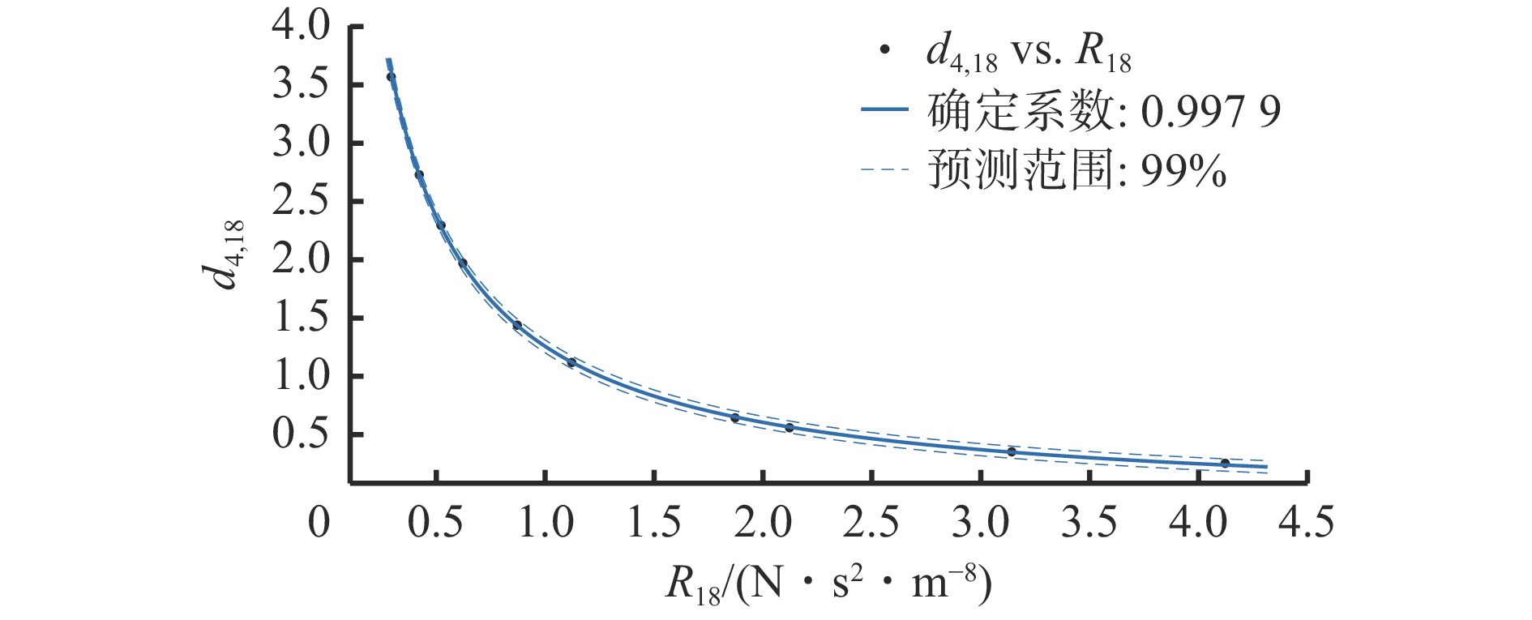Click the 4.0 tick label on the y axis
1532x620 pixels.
point(301,27)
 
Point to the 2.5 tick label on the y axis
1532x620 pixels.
point(301,201)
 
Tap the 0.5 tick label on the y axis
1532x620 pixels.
point(301,434)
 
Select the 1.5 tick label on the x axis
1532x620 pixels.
point(654,523)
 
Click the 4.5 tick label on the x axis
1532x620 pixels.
point(1306,523)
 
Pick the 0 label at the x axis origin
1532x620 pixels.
point(319,523)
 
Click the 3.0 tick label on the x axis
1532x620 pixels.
point(980,523)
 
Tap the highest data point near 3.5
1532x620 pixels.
point(391,77)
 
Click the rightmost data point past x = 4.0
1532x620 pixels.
point(1225,463)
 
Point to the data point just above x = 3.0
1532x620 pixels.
point(1012,451)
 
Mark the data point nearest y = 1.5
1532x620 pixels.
point(517,325)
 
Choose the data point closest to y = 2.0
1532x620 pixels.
point(463,263)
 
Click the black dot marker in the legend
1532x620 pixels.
point(884,51)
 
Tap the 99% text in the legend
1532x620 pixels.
point(1183,171)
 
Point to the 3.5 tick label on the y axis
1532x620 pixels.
point(301,85)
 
